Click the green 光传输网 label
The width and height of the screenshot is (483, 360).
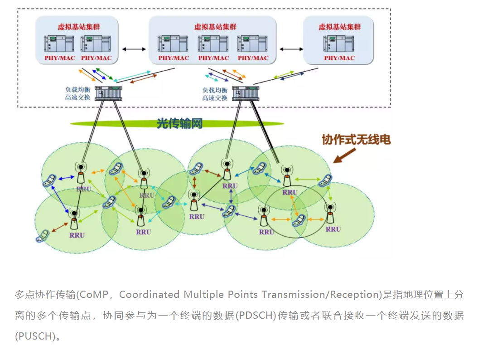(x=179, y=123)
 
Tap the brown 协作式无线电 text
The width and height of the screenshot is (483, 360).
(x=356, y=139)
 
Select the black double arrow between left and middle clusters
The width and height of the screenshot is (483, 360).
(x=134, y=49)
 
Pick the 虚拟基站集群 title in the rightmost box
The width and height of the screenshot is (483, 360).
(x=339, y=27)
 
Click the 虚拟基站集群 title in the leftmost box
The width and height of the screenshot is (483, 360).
(x=78, y=27)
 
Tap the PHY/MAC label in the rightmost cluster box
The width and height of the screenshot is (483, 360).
(x=339, y=58)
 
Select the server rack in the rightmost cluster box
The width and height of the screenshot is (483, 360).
(x=339, y=44)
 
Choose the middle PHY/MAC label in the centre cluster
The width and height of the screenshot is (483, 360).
(x=213, y=58)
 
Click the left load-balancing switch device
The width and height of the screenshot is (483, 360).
(x=109, y=92)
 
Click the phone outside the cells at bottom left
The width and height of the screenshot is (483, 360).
(x=43, y=235)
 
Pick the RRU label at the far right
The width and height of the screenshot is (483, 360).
(x=333, y=229)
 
